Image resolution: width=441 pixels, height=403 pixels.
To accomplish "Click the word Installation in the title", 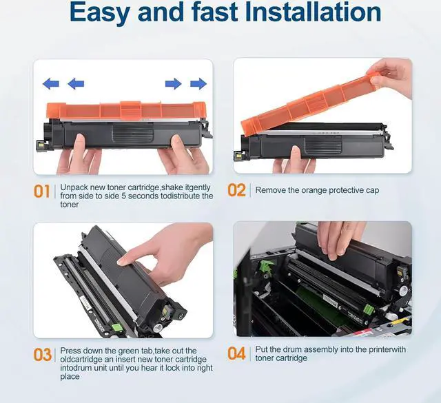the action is click(313, 11).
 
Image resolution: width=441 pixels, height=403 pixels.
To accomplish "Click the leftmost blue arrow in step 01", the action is click(50, 83).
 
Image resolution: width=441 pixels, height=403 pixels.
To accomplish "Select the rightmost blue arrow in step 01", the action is click(198, 83).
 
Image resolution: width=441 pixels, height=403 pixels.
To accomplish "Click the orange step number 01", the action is click(41, 192).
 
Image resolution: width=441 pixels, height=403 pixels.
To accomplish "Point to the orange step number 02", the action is click(236, 190).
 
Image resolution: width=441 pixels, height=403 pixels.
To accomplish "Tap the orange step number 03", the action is click(42, 355).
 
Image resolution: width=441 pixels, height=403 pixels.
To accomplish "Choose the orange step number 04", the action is click(236, 353).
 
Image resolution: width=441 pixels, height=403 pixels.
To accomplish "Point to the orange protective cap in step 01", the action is click(126, 110).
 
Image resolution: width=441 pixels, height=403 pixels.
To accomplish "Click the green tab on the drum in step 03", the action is click(115, 327).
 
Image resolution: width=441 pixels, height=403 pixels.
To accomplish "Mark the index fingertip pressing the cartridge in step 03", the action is click(121, 262).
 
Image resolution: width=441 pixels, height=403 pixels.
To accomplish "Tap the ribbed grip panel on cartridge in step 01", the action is click(133, 133).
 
